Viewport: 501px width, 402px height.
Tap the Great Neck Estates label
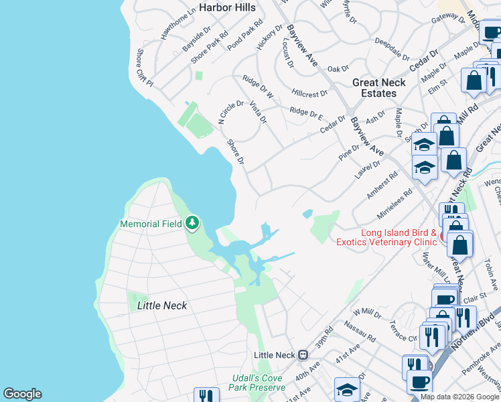click(x=379, y=88)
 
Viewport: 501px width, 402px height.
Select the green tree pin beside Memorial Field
click(x=193, y=222)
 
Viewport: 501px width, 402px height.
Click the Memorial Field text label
click(x=151, y=223)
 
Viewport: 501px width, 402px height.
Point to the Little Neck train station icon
click(x=303, y=354)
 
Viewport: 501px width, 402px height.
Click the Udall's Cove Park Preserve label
click(x=257, y=383)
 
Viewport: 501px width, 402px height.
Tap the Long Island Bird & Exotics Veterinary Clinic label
click(x=399, y=239)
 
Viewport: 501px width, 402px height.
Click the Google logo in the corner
click(x=22, y=394)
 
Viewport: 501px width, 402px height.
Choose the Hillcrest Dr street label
click(x=309, y=93)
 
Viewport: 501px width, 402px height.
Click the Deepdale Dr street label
click(x=391, y=49)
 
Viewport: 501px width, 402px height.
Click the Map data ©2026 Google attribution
click(x=460, y=397)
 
